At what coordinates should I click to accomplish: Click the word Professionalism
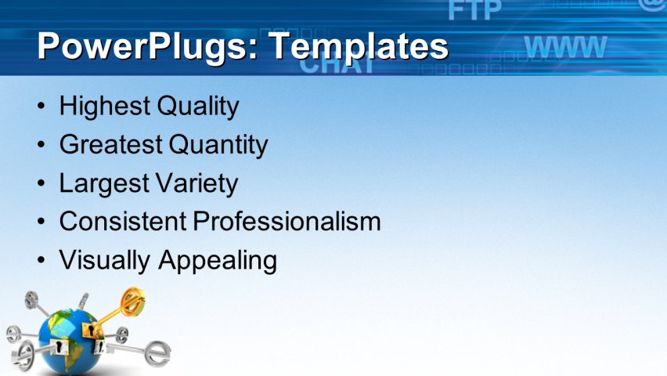(287, 221)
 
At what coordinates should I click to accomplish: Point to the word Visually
(106, 259)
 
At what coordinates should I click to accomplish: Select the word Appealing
(218, 259)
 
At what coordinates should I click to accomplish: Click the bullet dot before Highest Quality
(41, 106)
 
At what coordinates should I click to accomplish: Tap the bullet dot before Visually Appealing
(41, 259)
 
